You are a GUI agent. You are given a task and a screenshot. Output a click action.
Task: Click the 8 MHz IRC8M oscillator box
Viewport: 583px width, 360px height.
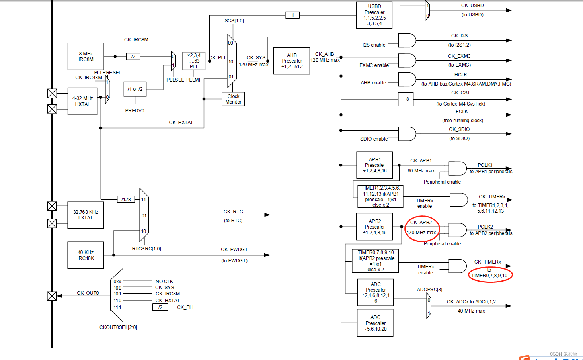86,57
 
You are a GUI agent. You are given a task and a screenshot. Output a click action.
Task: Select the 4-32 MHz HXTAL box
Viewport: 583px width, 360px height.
82,101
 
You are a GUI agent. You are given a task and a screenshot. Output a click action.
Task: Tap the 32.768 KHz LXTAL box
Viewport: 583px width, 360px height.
86,215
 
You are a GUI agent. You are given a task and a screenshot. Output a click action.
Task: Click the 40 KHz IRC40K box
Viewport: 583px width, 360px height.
86,255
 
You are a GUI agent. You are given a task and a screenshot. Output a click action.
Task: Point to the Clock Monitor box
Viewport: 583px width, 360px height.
233,99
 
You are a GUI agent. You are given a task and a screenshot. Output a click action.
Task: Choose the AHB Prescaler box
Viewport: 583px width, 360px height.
292,61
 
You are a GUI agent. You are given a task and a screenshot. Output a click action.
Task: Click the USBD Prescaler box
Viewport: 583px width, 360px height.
374,15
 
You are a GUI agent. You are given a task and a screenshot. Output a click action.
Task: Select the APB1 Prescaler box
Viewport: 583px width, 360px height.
374,165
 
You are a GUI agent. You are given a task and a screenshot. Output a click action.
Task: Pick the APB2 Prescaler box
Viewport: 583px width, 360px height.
374,227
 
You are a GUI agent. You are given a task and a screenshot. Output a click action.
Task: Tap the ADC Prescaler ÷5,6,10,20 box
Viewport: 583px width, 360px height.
375,323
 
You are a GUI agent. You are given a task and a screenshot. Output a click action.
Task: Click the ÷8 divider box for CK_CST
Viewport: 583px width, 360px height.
406,99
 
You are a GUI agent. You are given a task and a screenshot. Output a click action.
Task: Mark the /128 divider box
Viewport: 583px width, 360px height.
126,200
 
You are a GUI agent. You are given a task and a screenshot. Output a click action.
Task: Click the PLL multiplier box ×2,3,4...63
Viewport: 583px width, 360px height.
194,61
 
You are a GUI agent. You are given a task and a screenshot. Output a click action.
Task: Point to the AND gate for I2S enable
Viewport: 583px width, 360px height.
407,41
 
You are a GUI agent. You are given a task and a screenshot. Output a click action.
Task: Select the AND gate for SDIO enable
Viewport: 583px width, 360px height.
407,134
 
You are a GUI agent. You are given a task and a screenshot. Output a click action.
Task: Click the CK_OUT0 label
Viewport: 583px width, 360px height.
88,293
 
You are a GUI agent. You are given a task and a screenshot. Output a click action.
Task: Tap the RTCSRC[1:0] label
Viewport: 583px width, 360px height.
146,249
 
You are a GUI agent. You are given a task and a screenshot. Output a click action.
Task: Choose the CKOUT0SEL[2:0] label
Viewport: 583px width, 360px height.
118,327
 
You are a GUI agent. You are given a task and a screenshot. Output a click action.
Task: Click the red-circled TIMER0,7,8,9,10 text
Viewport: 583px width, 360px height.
489,276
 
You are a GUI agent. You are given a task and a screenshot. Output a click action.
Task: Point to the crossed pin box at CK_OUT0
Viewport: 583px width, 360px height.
52,296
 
